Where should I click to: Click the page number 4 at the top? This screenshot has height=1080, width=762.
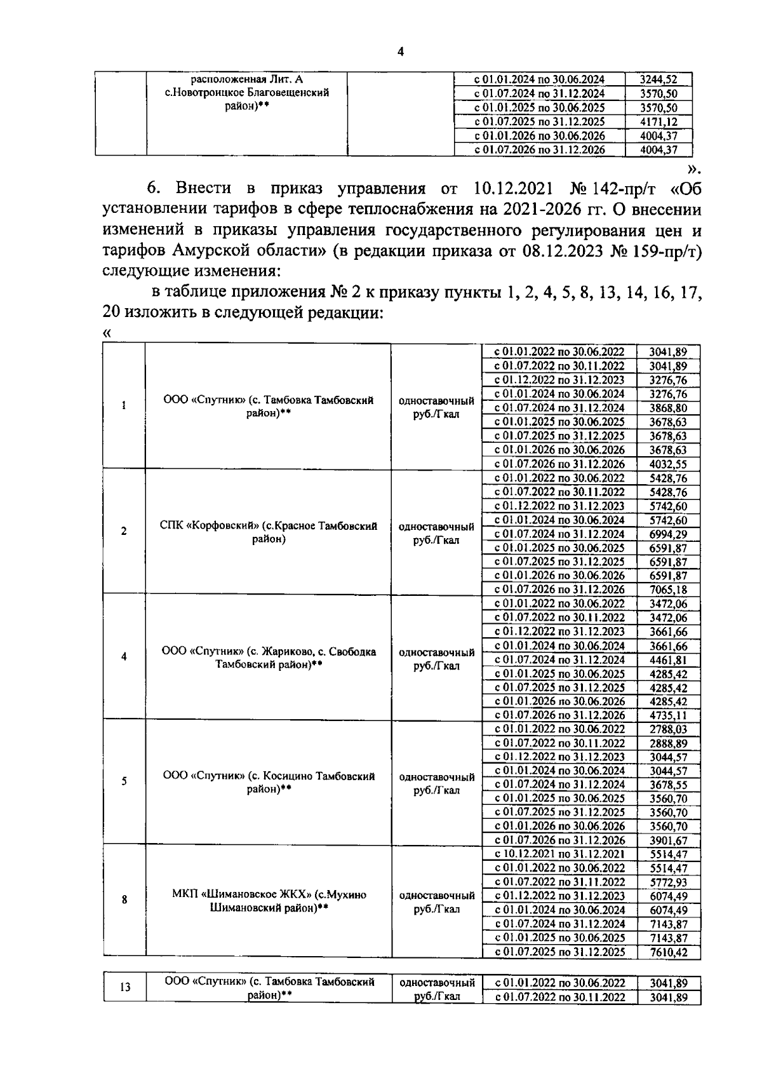pos(400,52)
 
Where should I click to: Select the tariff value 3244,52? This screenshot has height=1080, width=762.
pos(658,80)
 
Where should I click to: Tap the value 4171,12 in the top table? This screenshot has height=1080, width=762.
pos(658,122)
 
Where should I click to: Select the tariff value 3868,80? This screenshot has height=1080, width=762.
pos(668,408)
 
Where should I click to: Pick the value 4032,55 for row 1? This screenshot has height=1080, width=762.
pos(668,464)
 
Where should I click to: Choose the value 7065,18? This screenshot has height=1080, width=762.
pos(668,590)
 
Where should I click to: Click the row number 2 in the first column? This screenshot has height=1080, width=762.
pos(123,531)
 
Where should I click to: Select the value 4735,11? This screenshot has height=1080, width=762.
pos(668,715)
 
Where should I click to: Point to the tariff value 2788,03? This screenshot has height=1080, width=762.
pos(668,729)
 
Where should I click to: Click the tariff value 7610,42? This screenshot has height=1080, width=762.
pos(668,952)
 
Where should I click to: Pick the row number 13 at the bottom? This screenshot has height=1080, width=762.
pos(125,987)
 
